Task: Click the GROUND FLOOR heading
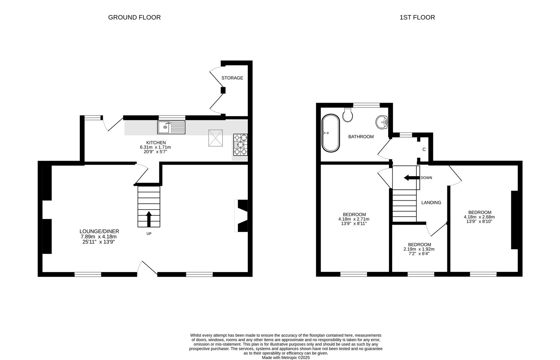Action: coord(134,17)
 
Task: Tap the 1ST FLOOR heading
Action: coord(417,17)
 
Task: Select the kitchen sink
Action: coord(171,127)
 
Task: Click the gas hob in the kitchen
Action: coord(241,145)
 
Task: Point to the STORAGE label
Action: coord(232,78)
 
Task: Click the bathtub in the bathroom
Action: coord(331,133)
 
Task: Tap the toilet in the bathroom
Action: coord(347,115)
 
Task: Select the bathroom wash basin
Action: coord(381,122)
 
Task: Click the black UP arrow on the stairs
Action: coord(149,219)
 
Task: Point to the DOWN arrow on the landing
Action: coord(412,178)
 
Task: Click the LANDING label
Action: coord(431,203)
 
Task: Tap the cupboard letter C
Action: coord(424,149)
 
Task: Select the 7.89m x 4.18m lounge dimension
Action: coord(99,237)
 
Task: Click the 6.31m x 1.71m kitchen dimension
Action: coord(155,147)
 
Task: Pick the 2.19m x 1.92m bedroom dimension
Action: coord(419,249)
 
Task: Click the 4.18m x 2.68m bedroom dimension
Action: coord(479,217)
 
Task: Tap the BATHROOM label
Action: coord(361,137)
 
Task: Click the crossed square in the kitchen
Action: coord(215,138)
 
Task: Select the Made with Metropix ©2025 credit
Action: coord(286,358)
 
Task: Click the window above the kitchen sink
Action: coord(172,118)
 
